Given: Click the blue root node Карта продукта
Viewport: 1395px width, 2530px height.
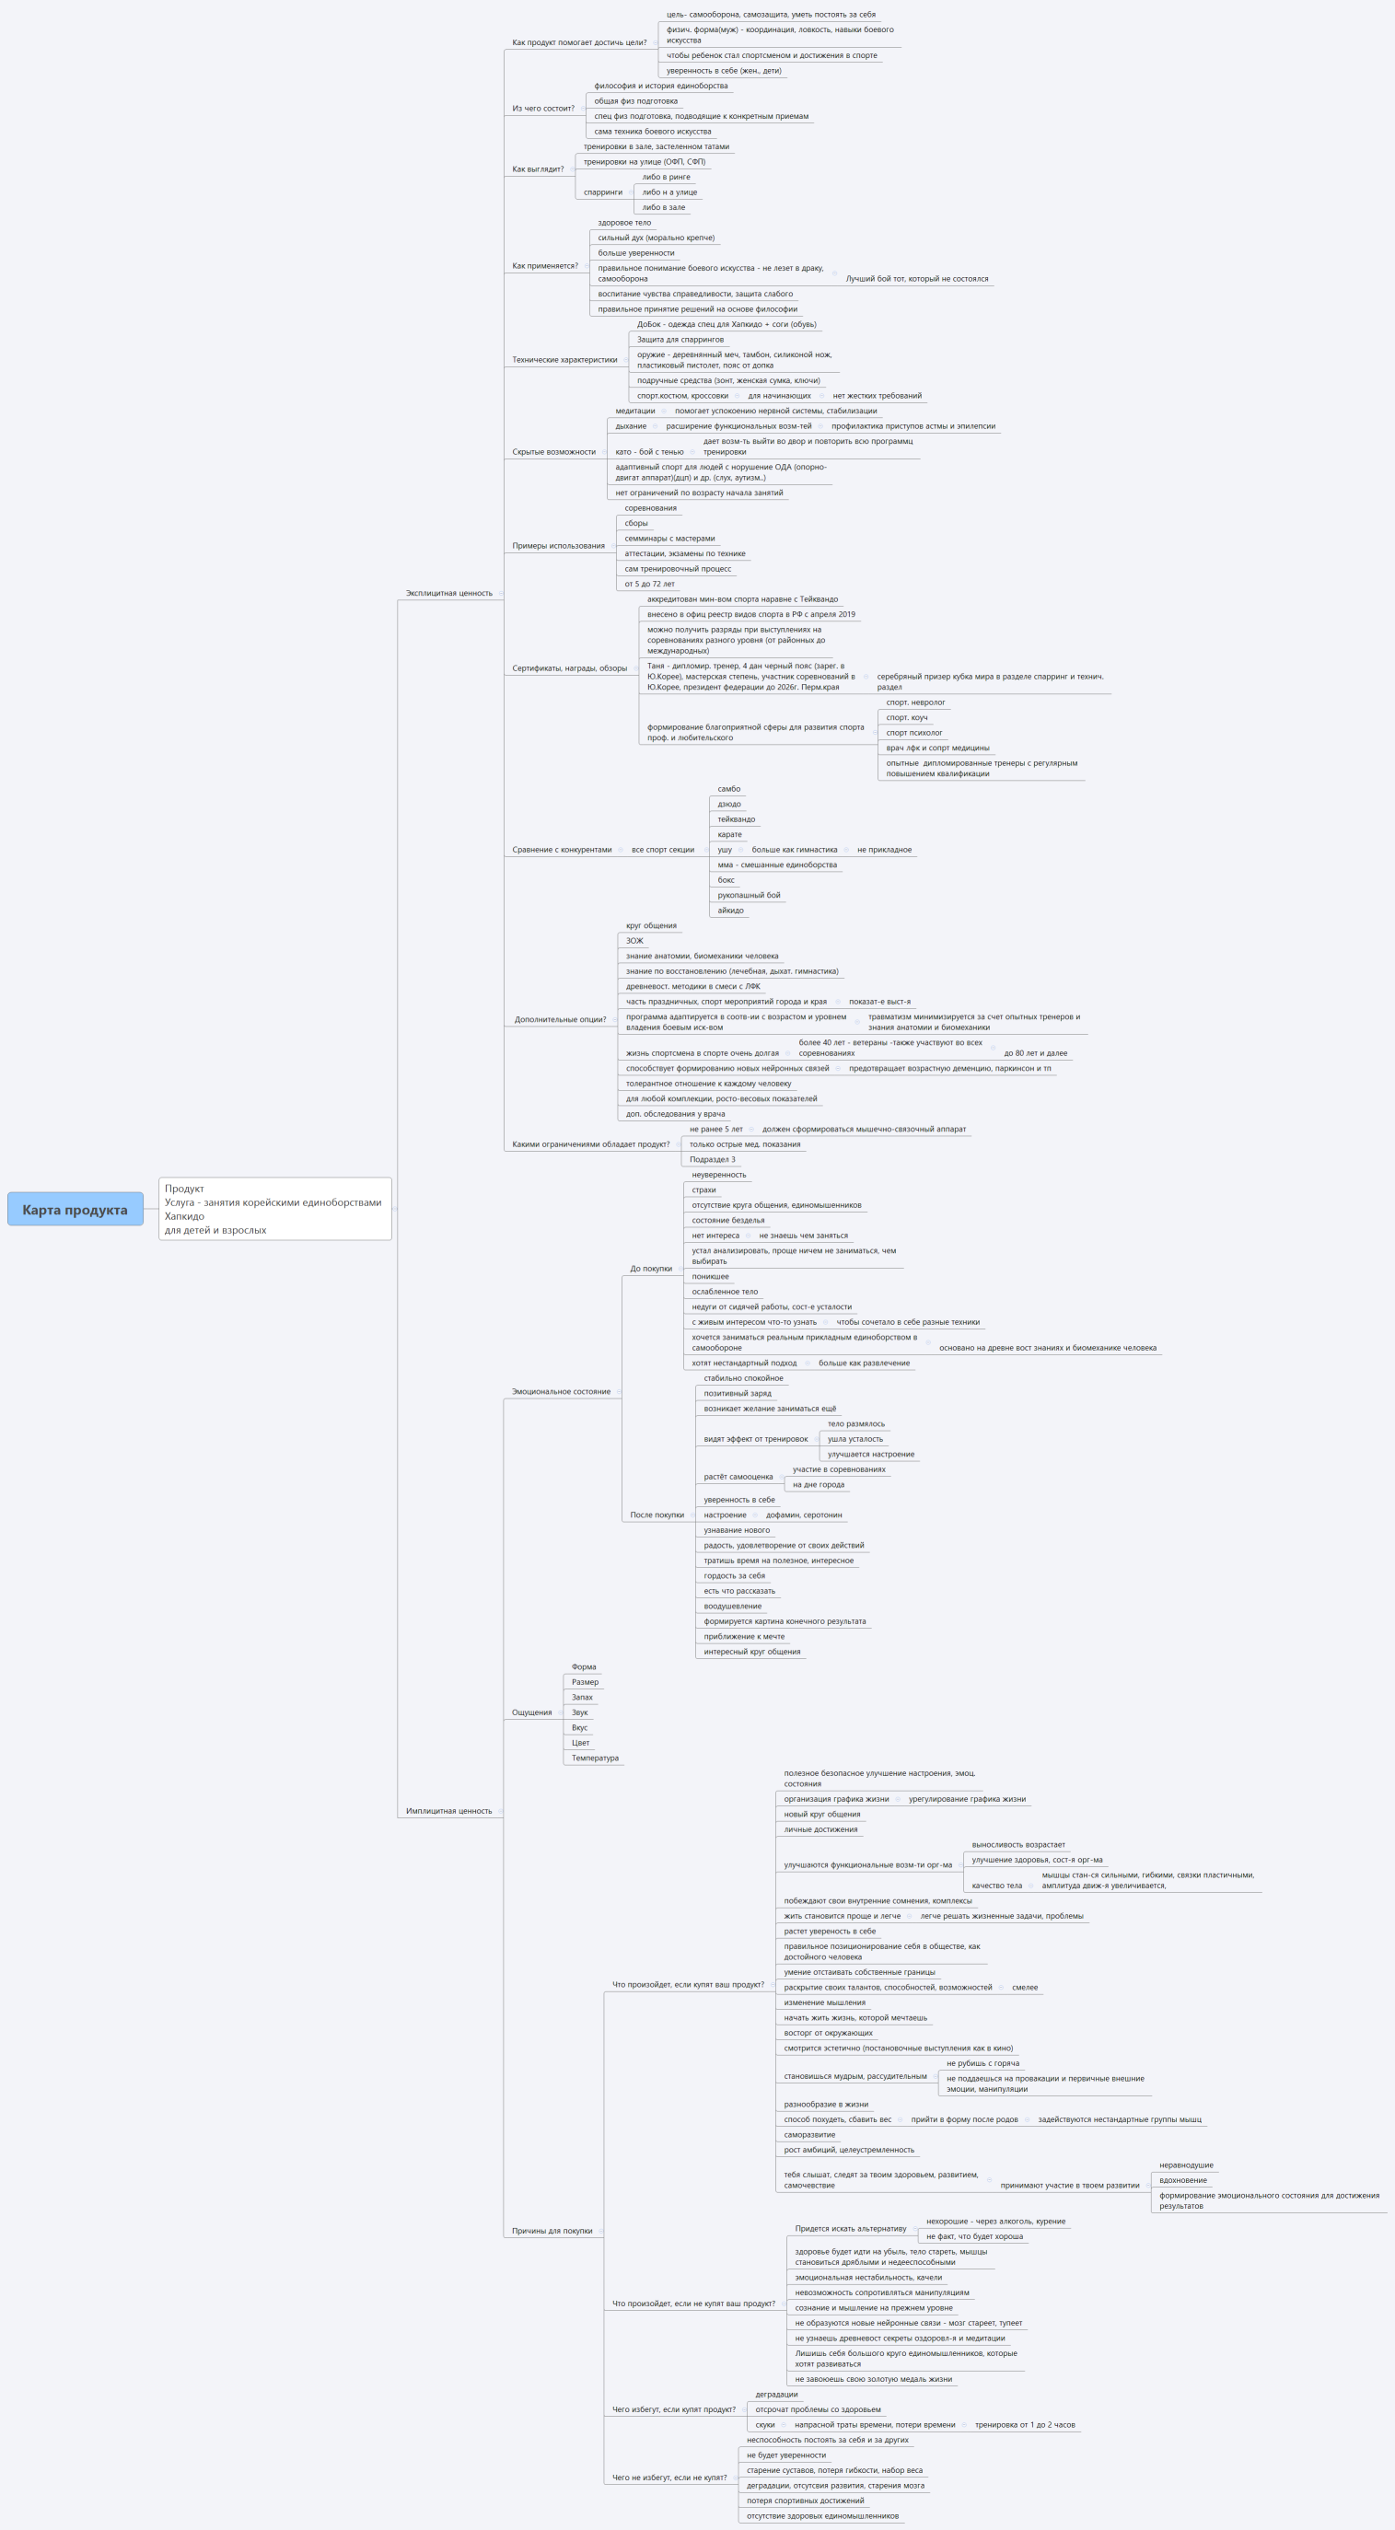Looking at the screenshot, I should [x=75, y=1209].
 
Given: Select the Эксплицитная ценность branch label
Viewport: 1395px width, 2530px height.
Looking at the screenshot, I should [x=449, y=593].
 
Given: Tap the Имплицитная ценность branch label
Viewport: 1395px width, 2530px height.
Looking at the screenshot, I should [x=449, y=1810].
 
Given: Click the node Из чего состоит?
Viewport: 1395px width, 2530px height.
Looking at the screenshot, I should [x=543, y=108].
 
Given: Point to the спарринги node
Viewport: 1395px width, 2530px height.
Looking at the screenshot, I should [x=603, y=192].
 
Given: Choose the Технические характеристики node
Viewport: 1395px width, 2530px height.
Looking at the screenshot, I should [x=564, y=359].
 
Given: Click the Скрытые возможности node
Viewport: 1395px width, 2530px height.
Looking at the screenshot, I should [x=554, y=452].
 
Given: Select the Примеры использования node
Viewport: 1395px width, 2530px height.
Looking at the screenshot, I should [x=558, y=546].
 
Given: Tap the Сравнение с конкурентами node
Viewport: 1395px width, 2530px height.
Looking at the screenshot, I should [x=562, y=850].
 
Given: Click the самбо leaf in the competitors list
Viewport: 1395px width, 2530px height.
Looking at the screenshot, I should [x=729, y=789].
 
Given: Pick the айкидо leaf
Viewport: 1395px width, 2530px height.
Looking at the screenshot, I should [x=731, y=911].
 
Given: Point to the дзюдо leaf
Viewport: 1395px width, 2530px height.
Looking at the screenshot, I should [x=729, y=805].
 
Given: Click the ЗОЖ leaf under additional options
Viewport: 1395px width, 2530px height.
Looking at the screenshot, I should [x=634, y=941].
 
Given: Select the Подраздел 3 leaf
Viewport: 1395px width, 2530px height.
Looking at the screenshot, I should [x=713, y=1159].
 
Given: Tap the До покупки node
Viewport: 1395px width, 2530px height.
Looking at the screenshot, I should [x=651, y=1268].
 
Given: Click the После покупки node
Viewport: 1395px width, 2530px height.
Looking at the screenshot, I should [x=657, y=1515].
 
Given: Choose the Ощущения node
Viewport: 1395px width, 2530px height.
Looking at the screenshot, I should [x=531, y=1712].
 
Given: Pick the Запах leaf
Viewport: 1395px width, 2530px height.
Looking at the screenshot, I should [x=583, y=1697].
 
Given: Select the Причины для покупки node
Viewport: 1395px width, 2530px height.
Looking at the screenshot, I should [x=552, y=2231].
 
